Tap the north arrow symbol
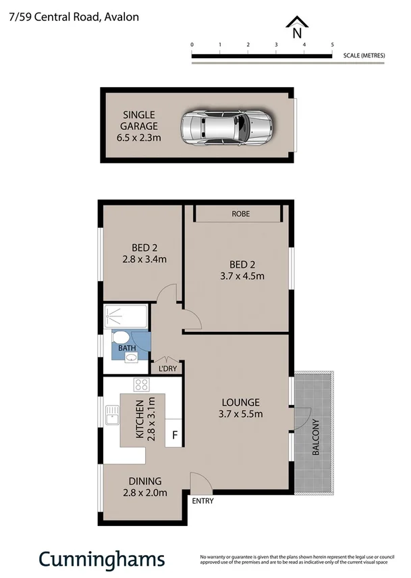coord(296,28)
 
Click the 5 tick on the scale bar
coord(332,45)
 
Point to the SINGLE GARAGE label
coord(139,126)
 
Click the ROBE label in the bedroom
coord(240,214)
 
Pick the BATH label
coord(127,349)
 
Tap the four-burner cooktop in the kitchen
coord(141,385)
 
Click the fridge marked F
coord(175,435)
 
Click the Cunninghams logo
coord(101,558)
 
